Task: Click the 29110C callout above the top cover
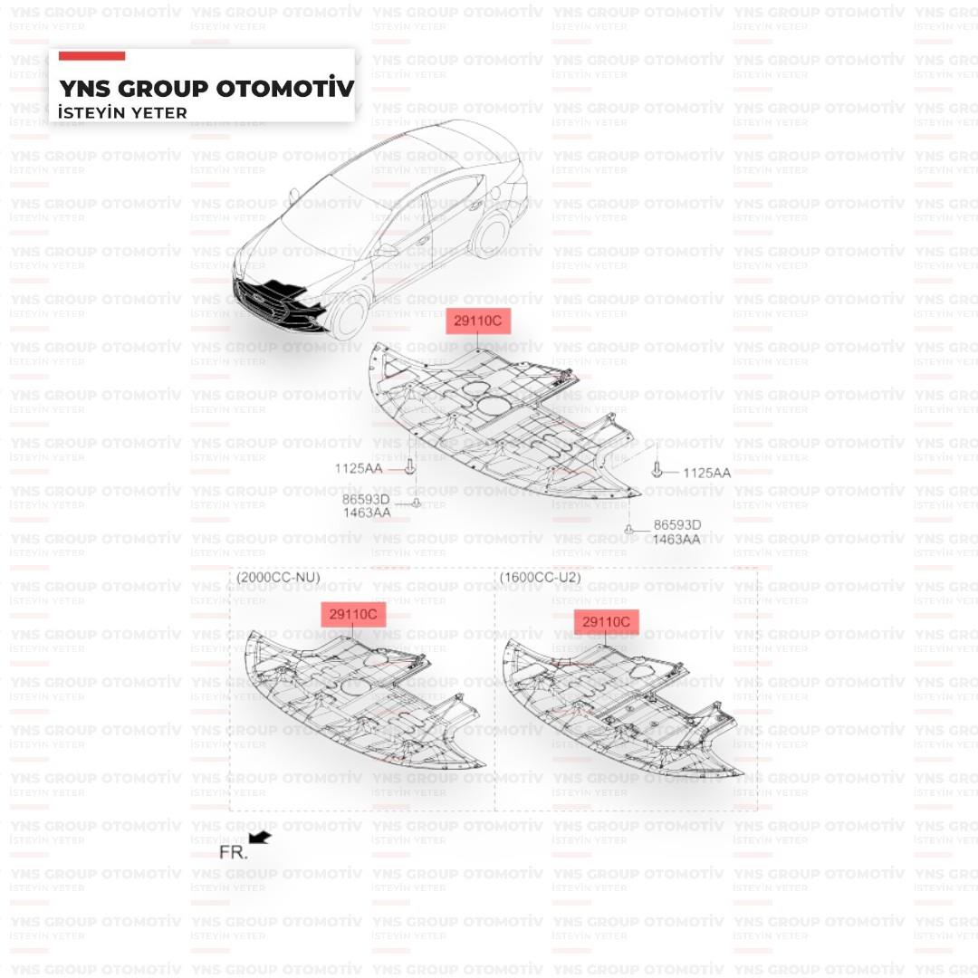click(x=478, y=321)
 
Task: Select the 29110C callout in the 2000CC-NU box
click(x=353, y=614)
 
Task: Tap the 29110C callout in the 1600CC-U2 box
click(x=606, y=622)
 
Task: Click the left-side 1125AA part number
click(x=359, y=468)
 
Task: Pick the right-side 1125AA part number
click(x=706, y=473)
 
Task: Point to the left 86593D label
click(x=366, y=500)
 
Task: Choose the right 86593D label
click(x=677, y=525)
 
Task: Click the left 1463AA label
click(x=367, y=513)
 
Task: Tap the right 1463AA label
click(x=676, y=539)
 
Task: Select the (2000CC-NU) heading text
click(x=278, y=578)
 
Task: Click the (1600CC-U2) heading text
click(x=540, y=578)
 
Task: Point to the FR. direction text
click(x=234, y=853)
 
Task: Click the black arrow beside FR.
click(x=260, y=837)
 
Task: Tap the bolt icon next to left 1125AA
click(x=410, y=466)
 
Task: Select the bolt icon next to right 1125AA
click(x=657, y=470)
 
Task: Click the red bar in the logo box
click(x=91, y=56)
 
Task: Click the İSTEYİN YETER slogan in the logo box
click(x=122, y=113)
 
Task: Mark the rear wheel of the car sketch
click(x=492, y=236)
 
